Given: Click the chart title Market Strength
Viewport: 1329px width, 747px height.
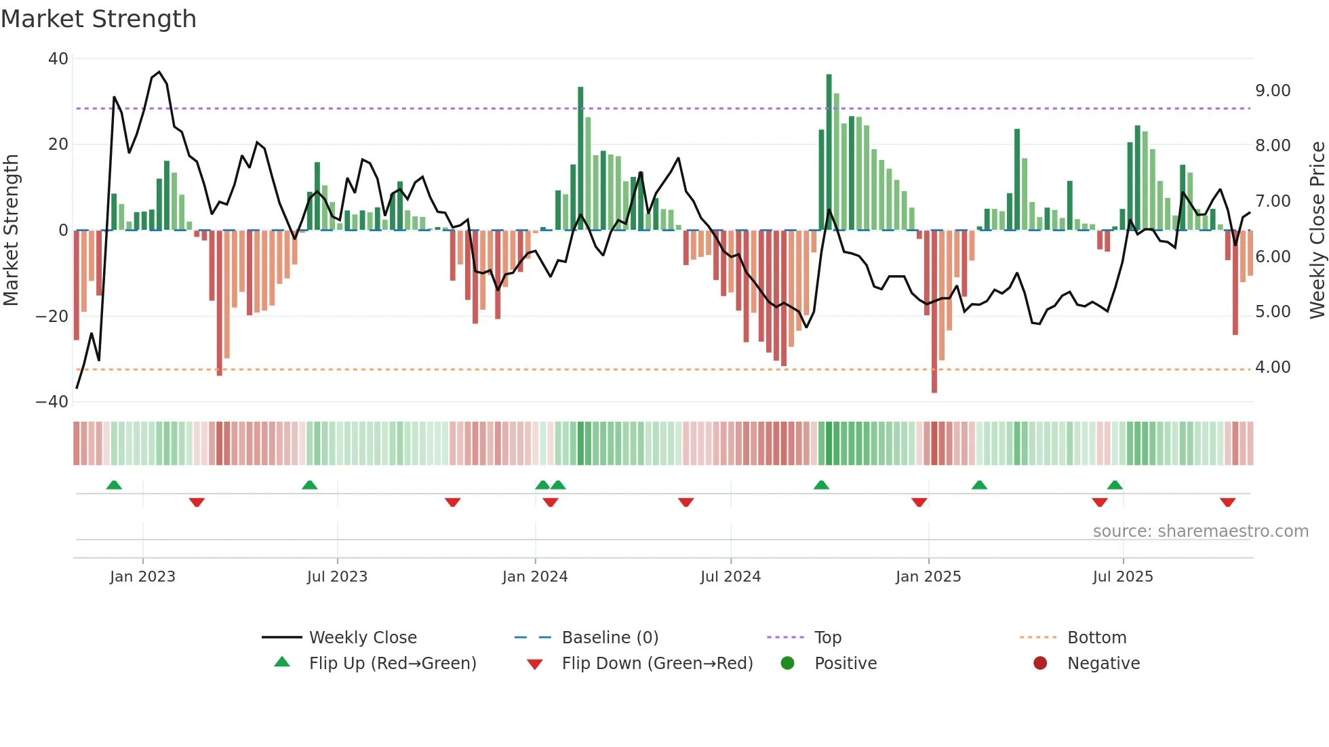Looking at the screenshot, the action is coord(98,19).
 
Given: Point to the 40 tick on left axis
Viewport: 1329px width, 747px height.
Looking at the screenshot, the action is coord(58,59).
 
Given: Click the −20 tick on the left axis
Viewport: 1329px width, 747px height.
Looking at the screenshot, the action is coord(52,316).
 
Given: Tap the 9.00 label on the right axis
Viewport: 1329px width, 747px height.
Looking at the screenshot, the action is coord(1273,91).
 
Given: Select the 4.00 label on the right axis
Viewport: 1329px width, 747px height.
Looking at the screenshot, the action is coord(1273,367).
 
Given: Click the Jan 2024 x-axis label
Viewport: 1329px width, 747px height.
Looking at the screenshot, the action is coord(535,577).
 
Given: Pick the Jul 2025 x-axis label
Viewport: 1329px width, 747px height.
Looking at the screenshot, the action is coord(1122,577).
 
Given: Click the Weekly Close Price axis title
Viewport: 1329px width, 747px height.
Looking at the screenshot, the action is coord(1317,230).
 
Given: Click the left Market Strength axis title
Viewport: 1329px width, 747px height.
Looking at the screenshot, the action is coord(11,230).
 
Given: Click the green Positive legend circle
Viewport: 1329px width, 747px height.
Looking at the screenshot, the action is coord(787,664).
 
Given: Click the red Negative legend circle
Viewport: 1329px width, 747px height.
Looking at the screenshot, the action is coord(1040,664).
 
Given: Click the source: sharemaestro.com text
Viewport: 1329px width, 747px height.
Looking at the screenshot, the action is coord(1200,531).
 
